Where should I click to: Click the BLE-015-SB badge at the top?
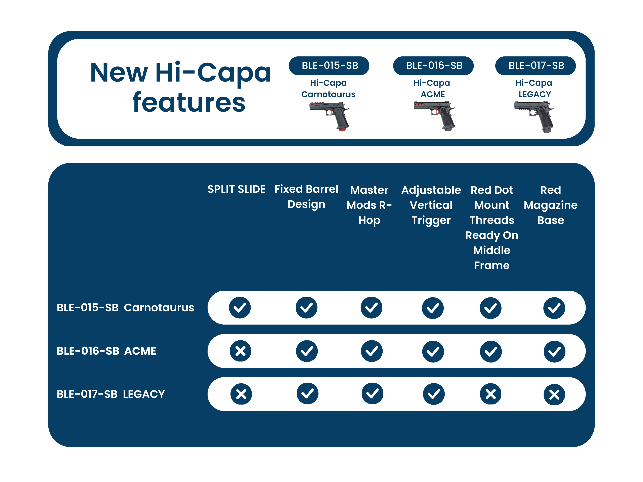coord(329,66)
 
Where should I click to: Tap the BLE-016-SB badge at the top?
coord(433,66)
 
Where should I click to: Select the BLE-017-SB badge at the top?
coord(535,66)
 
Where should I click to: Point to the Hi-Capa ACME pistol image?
coord(434,116)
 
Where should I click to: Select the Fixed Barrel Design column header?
coord(306,197)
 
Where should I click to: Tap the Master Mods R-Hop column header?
coord(369,205)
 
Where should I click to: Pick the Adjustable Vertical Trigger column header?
coord(431,205)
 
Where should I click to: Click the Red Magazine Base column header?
coord(551,205)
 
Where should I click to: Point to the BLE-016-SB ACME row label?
coord(106,351)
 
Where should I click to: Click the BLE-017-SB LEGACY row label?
coord(111,394)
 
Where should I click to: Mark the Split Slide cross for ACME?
coord(240,351)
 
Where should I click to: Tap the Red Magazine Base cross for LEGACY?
coord(554,395)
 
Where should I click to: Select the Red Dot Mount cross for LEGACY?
coord(491,394)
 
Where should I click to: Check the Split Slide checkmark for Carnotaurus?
coord(240,308)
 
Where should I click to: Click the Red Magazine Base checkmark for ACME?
coord(555,351)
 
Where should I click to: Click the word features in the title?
coord(189,102)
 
